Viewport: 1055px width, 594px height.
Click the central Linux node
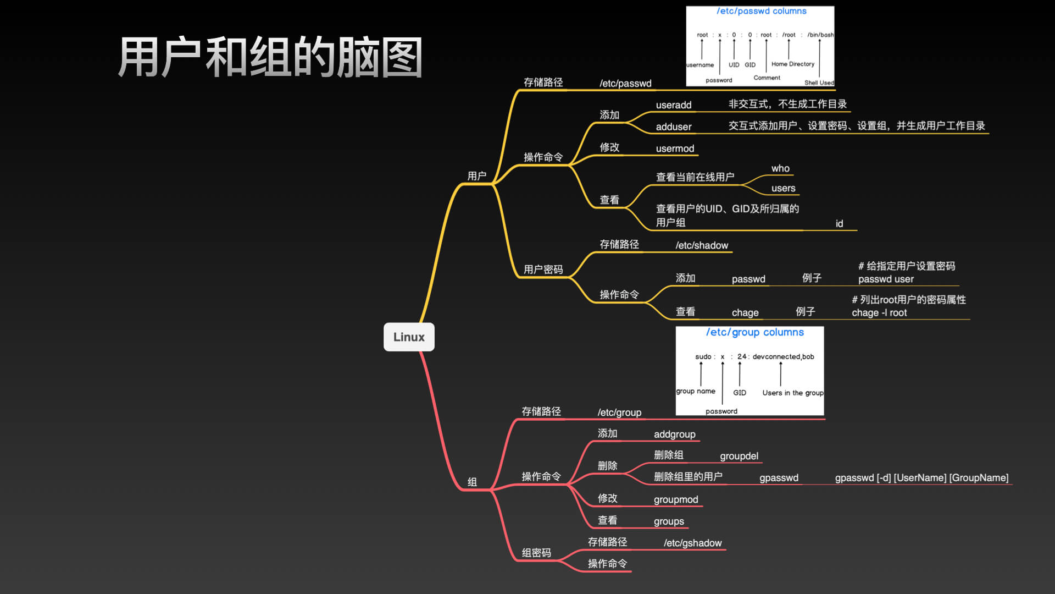tap(409, 337)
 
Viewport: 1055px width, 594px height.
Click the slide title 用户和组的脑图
tap(270, 57)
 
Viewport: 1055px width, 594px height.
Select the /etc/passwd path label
tap(625, 84)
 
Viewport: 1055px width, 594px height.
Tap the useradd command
tap(674, 105)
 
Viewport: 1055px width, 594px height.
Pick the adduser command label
tap(674, 127)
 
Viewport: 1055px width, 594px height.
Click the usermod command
tap(675, 148)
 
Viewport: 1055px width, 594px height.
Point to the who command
tap(780, 168)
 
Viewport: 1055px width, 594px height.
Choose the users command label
tap(783, 188)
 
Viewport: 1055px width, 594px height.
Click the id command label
tap(839, 223)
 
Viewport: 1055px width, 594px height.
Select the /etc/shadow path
tap(702, 245)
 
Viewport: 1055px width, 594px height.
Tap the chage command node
tap(745, 312)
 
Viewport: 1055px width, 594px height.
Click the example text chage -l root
tap(879, 312)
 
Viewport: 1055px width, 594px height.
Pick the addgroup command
tap(674, 434)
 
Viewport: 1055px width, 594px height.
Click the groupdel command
tap(739, 456)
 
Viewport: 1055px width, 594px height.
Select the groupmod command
tap(676, 499)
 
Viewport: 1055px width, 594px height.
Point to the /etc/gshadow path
tap(692, 543)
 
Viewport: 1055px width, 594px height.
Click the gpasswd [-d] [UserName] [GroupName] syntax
tap(921, 477)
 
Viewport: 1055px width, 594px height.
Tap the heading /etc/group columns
tap(754, 332)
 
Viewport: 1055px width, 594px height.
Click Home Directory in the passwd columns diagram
tap(792, 64)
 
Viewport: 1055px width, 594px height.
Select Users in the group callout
tap(792, 393)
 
